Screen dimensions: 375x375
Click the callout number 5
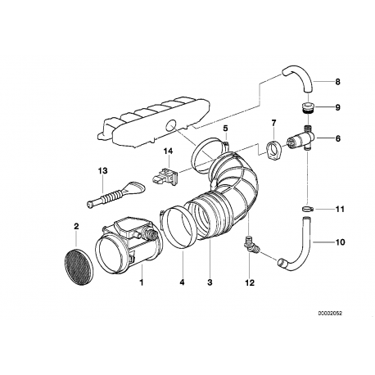point(224,129)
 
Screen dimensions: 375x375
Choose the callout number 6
point(337,139)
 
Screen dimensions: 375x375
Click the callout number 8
point(337,81)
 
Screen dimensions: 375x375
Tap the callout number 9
point(337,107)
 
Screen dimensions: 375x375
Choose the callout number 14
point(168,151)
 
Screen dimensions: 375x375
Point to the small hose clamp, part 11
point(306,210)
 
